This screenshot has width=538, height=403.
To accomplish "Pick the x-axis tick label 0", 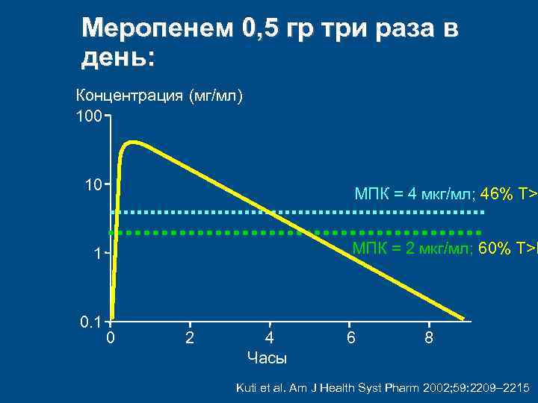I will click(x=110, y=339).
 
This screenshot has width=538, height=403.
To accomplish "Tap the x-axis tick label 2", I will click(x=189, y=339).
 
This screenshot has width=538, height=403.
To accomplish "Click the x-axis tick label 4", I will click(x=269, y=339).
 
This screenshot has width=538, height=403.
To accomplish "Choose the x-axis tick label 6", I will click(x=350, y=339).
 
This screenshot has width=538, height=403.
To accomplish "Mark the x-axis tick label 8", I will click(x=428, y=339).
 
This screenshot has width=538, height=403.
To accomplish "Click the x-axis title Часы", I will click(x=267, y=358).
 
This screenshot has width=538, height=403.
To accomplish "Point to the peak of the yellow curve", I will click(x=134, y=142).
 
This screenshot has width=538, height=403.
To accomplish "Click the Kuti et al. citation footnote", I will click(x=382, y=388).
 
